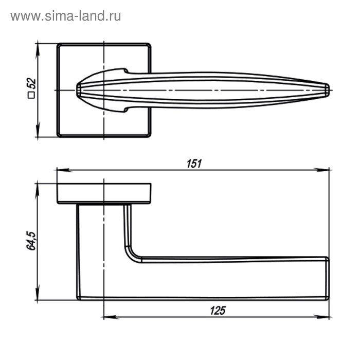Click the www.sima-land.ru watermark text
click(x=65, y=16)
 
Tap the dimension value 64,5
click(x=30, y=241)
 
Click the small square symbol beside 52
click(x=31, y=95)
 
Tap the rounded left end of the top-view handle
click(x=79, y=89)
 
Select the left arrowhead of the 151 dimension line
click(x=59, y=169)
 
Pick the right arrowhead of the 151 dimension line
click(x=326, y=169)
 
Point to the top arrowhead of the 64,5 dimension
click(x=37, y=186)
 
